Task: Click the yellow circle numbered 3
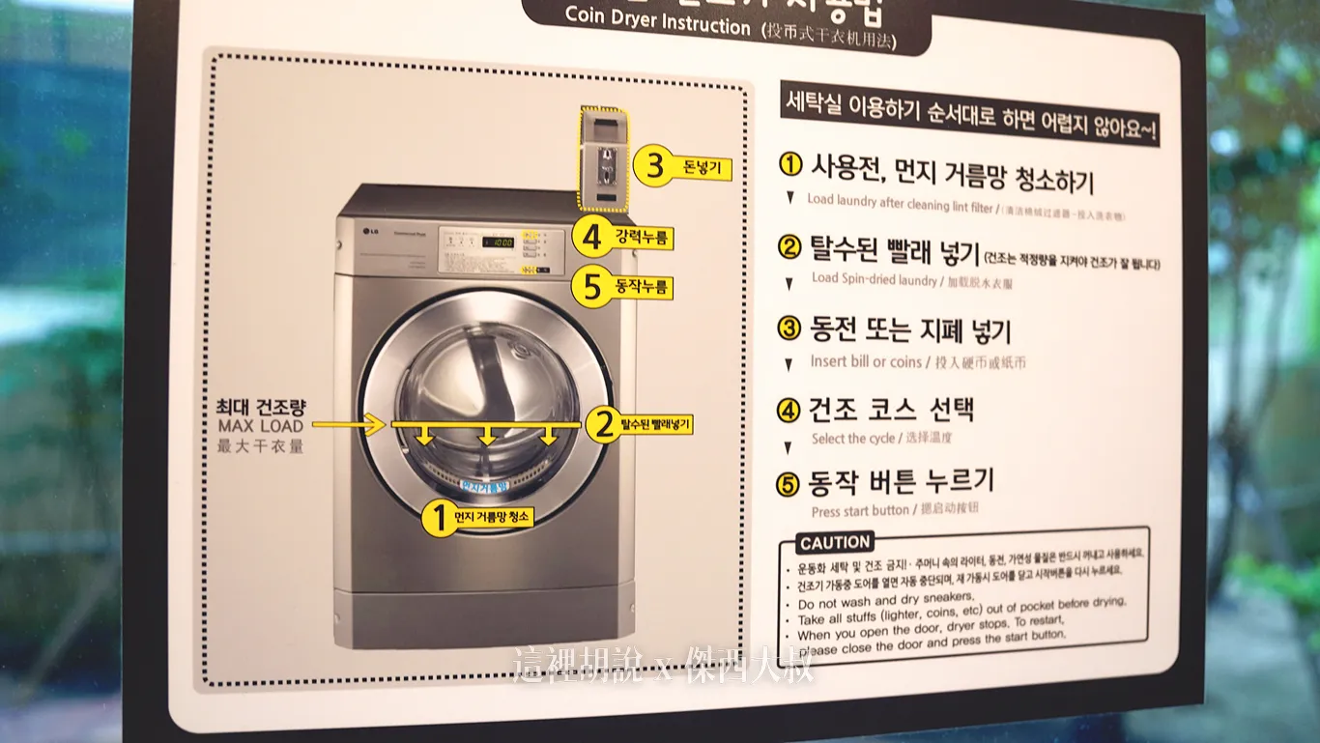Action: pos(654,168)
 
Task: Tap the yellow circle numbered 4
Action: pos(591,236)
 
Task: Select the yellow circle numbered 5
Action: pos(591,287)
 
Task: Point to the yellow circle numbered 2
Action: pos(604,423)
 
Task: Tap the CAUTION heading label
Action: pos(836,542)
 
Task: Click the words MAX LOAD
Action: pos(260,426)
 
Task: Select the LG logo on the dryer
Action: pos(369,229)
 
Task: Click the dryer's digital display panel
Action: pos(498,242)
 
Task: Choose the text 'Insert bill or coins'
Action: pos(866,361)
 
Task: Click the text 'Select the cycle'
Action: pos(853,439)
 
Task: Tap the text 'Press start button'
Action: pos(860,510)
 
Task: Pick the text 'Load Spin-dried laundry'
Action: pos(875,279)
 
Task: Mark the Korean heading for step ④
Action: pos(891,410)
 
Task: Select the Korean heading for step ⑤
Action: pos(901,481)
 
